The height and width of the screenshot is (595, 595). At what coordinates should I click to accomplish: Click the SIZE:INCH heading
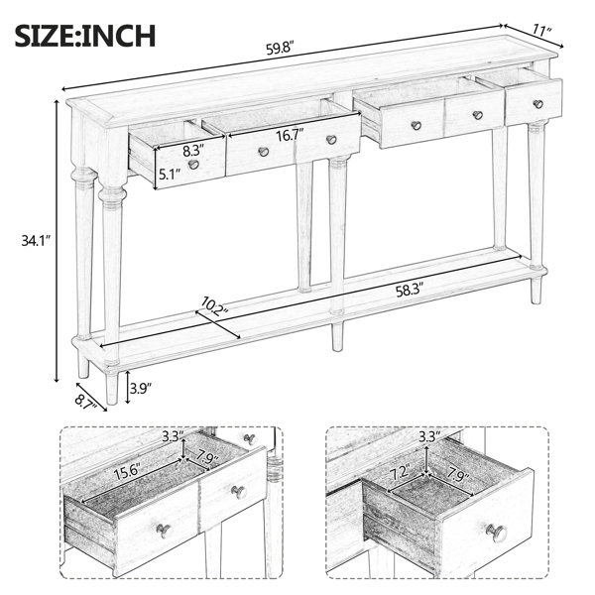click(x=85, y=36)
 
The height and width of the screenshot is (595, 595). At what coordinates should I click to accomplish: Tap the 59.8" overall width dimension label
click(x=281, y=49)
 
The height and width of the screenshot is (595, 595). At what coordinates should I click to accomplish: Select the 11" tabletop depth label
click(x=542, y=29)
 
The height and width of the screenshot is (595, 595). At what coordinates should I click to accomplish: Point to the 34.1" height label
click(x=36, y=241)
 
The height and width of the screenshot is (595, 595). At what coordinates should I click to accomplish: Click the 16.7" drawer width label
click(x=291, y=135)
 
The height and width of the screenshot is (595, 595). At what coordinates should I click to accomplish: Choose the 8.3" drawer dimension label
click(x=193, y=151)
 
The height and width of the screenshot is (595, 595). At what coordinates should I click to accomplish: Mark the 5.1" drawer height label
click(x=170, y=175)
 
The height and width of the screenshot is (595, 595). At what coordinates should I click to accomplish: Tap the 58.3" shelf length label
click(x=410, y=292)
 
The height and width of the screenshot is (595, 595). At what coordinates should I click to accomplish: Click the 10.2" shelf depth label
click(x=214, y=306)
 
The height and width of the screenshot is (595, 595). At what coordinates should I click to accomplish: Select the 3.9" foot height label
click(x=141, y=388)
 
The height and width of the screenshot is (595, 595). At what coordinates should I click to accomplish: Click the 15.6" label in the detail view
click(x=128, y=474)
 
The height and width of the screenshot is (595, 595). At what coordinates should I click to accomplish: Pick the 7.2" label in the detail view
click(x=400, y=472)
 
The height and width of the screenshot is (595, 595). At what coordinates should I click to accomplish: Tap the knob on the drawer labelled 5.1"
click(x=193, y=165)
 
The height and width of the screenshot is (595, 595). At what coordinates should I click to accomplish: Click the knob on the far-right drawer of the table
click(x=538, y=104)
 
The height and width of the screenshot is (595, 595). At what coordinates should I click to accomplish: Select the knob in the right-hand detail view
click(x=497, y=533)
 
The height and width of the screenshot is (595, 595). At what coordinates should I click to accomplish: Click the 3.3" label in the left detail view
click(x=173, y=436)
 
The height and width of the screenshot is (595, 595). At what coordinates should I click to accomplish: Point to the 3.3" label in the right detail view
click(x=429, y=436)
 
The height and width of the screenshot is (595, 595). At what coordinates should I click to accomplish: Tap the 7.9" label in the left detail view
click(x=208, y=458)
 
